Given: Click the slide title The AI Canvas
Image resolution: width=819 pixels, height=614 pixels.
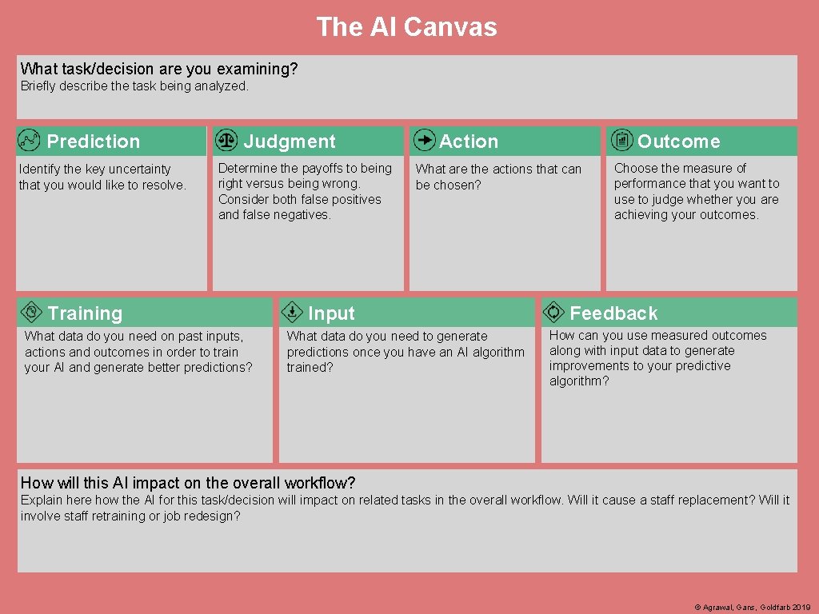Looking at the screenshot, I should coord(406,27).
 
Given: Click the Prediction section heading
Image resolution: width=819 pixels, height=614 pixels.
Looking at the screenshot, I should coord(93,142).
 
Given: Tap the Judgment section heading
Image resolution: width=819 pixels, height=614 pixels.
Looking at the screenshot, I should coord(289,142).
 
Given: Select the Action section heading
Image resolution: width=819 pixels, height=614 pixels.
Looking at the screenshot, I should coord(468,142).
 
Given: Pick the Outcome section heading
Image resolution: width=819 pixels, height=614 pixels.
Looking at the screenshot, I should coord(678,142).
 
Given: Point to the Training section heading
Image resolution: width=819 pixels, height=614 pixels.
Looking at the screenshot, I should coord(85,313).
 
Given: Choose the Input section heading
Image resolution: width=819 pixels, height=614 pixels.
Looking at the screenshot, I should coord(331,313).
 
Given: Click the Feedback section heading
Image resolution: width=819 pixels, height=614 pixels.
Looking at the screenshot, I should coord(613,313).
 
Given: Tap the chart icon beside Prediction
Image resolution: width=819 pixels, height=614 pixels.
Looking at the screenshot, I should coord(29,141).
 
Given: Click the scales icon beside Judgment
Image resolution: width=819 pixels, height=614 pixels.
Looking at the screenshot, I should coord(227,140).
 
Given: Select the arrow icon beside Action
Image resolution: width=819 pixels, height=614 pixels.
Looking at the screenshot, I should coord(424,140).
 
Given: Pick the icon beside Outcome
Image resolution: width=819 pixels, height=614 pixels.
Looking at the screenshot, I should coord(621,140).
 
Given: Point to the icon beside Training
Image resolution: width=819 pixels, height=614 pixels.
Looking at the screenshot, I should coord(31,311).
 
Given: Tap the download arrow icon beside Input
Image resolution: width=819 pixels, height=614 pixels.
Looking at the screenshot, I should coord(293,312).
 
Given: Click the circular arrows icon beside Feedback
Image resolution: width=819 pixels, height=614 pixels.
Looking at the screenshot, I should coord(553,311).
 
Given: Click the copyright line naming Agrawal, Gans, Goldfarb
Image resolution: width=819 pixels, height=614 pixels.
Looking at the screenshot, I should coord(753,608).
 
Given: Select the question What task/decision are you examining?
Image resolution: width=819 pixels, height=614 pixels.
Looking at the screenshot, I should coord(159,69).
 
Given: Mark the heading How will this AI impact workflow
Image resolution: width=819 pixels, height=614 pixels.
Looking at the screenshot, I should coord(188,483).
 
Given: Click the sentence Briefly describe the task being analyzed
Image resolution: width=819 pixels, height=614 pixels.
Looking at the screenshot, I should coord(134,86).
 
